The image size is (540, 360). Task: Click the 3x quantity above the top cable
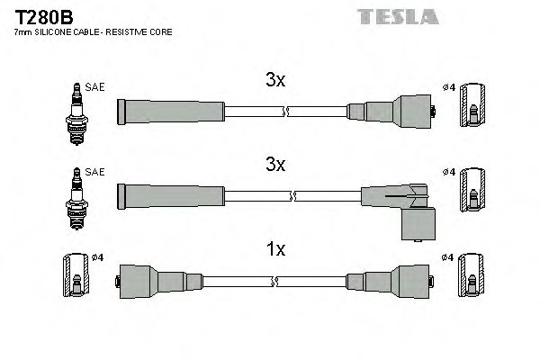coord(275,80)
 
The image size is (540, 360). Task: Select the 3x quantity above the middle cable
coord(275,165)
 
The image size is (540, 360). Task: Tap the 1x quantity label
coord(275,249)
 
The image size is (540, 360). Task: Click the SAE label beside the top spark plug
coord(95,87)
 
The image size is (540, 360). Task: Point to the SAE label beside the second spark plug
coord(95,172)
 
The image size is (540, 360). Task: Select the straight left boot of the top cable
coord(170,112)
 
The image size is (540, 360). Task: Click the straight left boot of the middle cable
coord(170,195)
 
